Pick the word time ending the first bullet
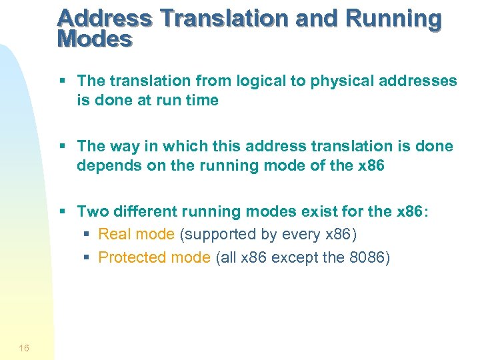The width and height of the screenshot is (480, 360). pos(201,100)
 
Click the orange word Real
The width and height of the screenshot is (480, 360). pos(113,235)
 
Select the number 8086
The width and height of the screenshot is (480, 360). pos(365,257)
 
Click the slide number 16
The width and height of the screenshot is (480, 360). pos(24,347)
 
